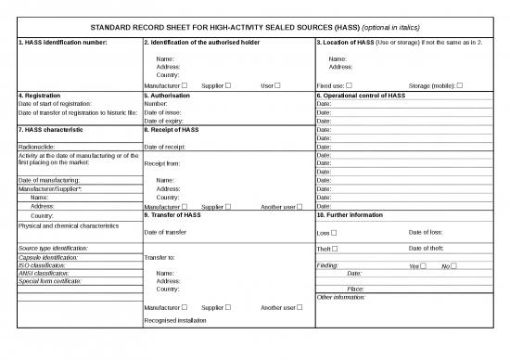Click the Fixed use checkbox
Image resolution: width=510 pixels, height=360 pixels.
click(349, 85)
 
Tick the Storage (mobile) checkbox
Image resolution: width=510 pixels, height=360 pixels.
click(460, 85)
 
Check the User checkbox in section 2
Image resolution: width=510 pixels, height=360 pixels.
click(277, 85)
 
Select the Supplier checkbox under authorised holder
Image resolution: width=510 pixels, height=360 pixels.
click(228, 85)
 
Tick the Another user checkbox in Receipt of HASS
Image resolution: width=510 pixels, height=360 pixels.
click(300, 206)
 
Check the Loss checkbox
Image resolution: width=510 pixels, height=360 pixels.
click(334, 232)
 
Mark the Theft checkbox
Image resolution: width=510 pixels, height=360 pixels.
click(337, 249)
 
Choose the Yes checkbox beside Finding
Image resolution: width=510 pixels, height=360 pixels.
click(423, 266)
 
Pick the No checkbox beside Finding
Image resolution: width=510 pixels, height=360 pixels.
click(453, 266)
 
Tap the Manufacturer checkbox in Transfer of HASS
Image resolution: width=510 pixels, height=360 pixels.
click(185, 306)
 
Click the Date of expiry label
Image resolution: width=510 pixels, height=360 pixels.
click(164, 121)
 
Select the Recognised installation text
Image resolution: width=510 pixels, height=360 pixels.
click(175, 319)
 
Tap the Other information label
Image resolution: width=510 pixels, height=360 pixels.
click(341, 297)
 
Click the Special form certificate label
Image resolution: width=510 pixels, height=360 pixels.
click(49, 280)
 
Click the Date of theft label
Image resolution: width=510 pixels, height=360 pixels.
click(427, 249)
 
